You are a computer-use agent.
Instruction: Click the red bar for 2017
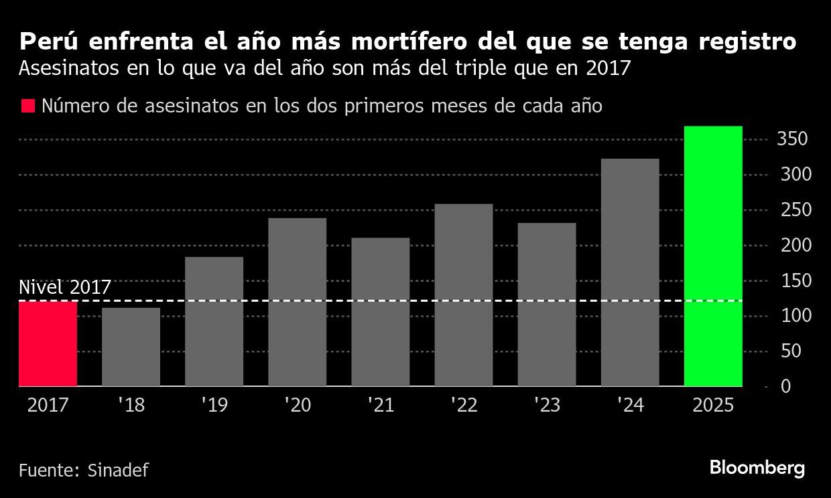point(48,344)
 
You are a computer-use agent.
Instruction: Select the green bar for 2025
point(713,256)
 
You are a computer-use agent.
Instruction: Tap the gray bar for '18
point(131,347)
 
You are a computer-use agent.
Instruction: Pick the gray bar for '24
point(630,272)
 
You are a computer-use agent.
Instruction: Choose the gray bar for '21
point(380,312)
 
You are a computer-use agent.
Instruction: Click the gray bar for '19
point(214,321)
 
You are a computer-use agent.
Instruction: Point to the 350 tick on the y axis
point(793,139)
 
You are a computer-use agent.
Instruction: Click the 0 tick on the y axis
point(785,387)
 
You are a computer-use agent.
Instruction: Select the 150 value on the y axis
point(793,281)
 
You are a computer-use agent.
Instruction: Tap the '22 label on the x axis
point(463,406)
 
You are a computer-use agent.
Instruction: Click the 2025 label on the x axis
point(713,406)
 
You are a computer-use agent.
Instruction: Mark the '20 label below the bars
point(297,406)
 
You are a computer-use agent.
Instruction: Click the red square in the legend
point(27,106)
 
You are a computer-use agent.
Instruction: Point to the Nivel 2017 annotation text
point(64,287)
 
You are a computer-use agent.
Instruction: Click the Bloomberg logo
point(757,468)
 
